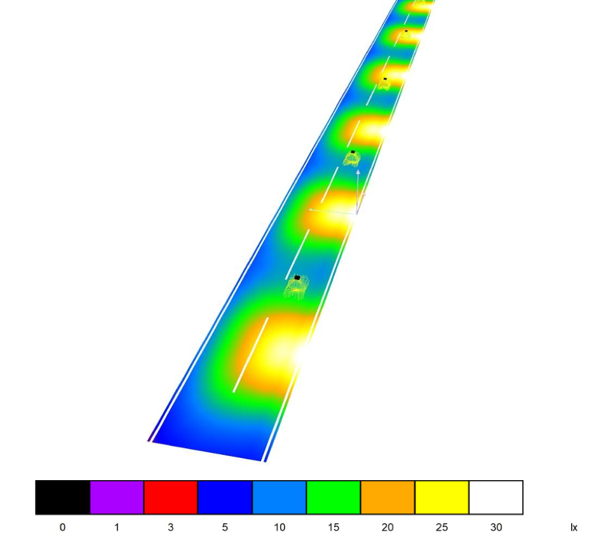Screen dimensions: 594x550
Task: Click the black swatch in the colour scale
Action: click(63, 497)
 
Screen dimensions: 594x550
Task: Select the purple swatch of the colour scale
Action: click(117, 497)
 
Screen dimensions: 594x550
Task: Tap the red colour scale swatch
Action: click(171, 497)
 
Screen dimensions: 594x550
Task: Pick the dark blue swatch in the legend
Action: click(225, 497)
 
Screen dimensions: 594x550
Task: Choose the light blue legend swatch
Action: click(279, 497)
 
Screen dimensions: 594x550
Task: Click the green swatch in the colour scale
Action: click(334, 497)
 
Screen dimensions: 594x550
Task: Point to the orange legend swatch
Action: click(388, 497)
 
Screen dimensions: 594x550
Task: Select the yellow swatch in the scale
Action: click(442, 497)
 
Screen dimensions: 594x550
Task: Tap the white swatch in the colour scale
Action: click(496, 497)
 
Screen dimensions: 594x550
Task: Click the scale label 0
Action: click(62, 527)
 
